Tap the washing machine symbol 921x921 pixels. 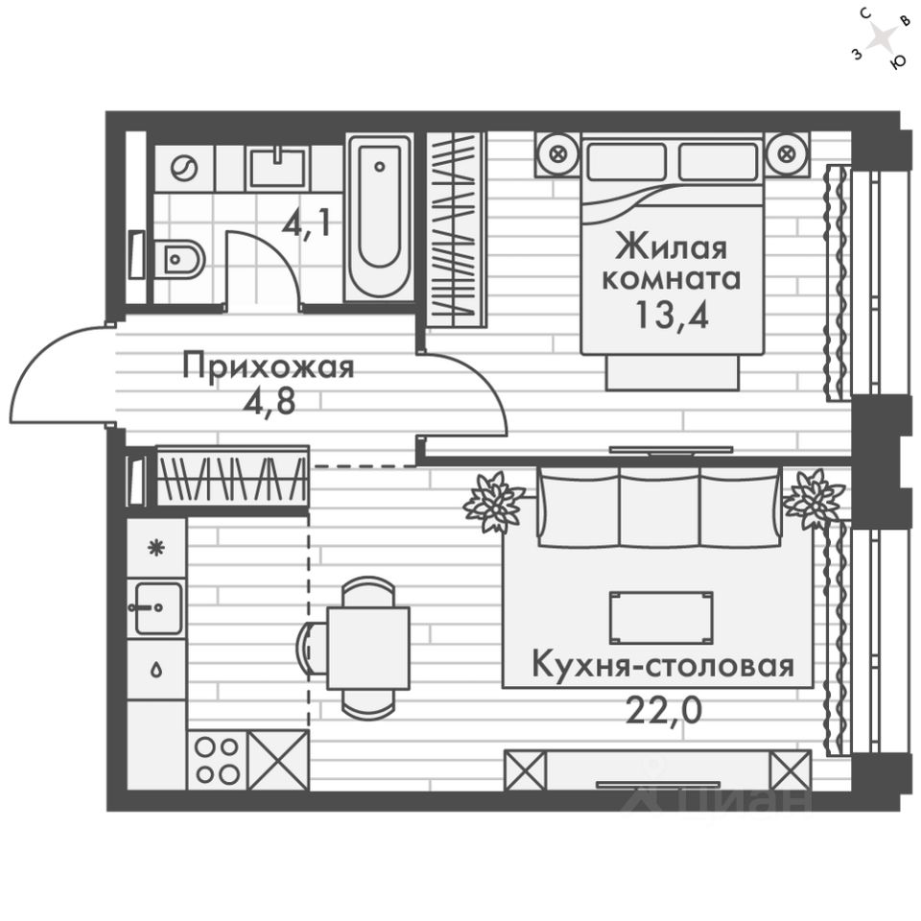184,169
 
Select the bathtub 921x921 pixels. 380,216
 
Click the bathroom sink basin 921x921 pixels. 278,168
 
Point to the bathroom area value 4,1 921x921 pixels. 307,224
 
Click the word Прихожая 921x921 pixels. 269,367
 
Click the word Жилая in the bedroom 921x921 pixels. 672,248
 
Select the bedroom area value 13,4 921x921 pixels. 672,315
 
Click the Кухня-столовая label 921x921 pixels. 664,666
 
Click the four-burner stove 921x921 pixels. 218,761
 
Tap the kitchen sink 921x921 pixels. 158,608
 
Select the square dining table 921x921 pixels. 368,649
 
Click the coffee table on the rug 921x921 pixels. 661,618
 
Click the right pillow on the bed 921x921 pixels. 718,161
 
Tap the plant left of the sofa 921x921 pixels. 493,502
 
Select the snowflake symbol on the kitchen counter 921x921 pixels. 155,548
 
